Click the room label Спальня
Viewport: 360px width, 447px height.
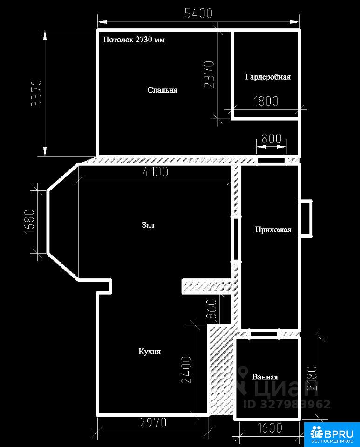click(x=162, y=90)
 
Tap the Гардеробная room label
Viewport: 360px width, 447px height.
click(x=268, y=77)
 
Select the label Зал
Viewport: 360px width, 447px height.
click(x=148, y=225)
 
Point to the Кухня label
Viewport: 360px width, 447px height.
click(x=149, y=351)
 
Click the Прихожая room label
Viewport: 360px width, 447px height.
click(x=273, y=230)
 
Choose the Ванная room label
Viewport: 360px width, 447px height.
click(x=265, y=377)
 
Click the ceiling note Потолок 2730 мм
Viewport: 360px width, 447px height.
click(x=134, y=40)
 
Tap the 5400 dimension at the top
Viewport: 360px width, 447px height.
click(x=199, y=14)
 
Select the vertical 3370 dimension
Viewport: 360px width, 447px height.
click(x=36, y=93)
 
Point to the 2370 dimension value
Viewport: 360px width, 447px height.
click(x=209, y=74)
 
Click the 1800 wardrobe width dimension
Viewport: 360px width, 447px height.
click(x=266, y=101)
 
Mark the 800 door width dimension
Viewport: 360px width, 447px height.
click(x=272, y=139)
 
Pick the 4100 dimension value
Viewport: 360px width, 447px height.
click(x=156, y=172)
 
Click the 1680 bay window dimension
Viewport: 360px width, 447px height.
click(x=29, y=222)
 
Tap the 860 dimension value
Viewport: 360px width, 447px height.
click(x=211, y=309)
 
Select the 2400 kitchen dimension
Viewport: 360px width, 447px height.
click(x=186, y=369)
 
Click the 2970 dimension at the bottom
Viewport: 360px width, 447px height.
click(x=153, y=423)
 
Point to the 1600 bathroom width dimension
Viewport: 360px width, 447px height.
click(x=270, y=427)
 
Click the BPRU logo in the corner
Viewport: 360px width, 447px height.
click(x=332, y=434)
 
